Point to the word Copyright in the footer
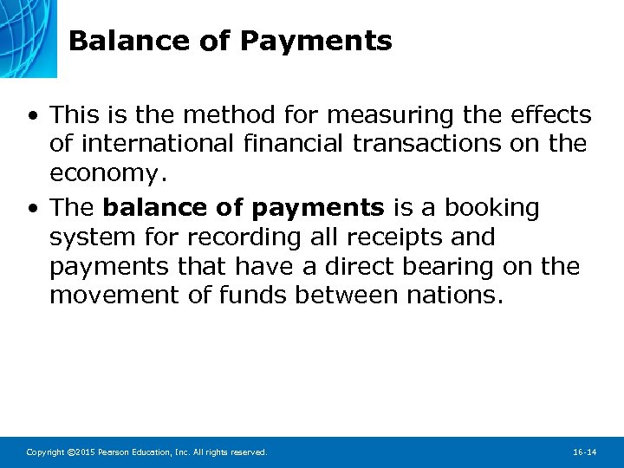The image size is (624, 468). pos(44,452)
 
